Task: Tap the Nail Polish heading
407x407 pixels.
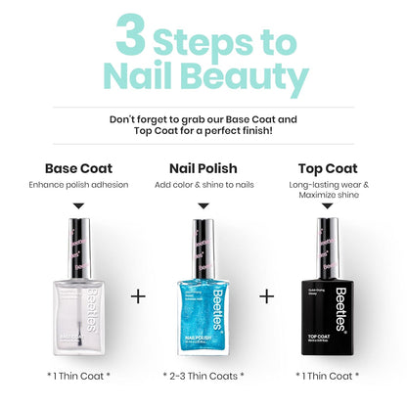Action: [203, 167]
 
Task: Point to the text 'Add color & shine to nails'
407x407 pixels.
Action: [203, 185]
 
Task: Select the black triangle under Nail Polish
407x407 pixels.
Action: [203, 206]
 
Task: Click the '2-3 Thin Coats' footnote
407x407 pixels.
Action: [203, 376]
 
